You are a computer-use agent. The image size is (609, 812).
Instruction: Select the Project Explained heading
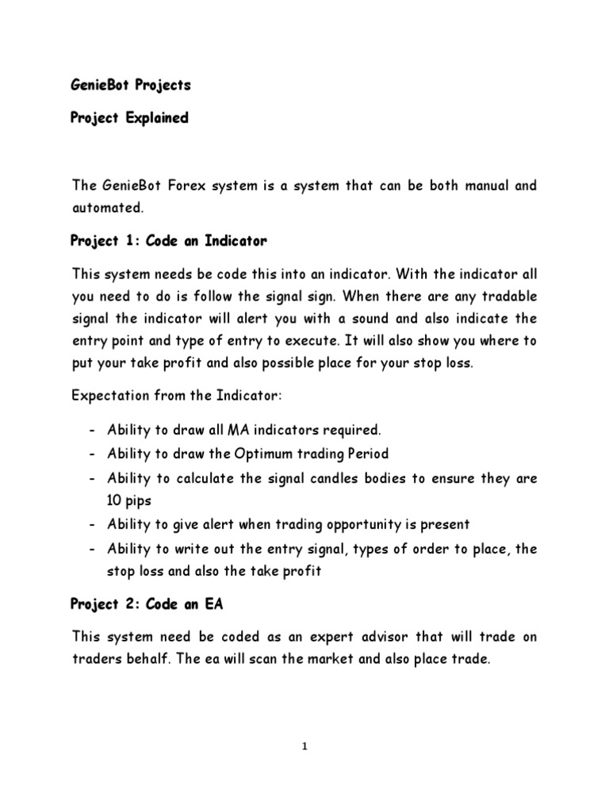tap(130, 117)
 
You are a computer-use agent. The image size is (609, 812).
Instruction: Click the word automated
tap(107, 207)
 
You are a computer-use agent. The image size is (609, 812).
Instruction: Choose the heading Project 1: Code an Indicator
tap(169, 240)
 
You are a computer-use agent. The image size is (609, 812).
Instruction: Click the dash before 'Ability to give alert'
tap(93, 523)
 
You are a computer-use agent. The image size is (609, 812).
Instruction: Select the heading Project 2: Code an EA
tap(147, 604)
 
